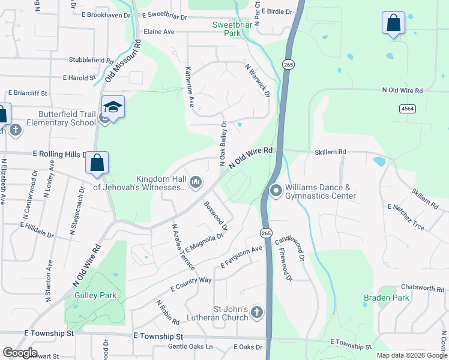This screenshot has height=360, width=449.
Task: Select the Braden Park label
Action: [386, 298]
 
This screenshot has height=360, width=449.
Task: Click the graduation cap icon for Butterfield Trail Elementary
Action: [113, 107]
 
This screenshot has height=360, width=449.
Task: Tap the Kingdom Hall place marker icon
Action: [196, 182]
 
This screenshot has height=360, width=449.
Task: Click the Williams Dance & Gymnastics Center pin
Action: [276, 191]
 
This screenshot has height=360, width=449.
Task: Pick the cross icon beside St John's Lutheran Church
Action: [256, 312]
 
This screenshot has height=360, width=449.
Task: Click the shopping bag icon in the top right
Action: [393, 23]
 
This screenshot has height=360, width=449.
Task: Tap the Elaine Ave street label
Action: [158, 32]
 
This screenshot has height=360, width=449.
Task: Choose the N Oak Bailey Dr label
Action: [223, 143]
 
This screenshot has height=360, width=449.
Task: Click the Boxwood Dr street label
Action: [216, 215]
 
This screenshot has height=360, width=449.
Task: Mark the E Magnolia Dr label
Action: [205, 242]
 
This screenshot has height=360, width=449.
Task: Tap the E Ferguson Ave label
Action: [242, 257]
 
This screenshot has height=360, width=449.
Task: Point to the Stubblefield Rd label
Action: [91, 61]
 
